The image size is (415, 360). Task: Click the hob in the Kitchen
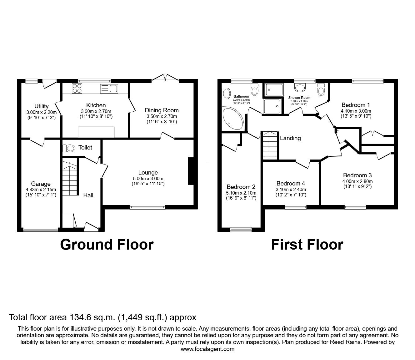pos(77,88)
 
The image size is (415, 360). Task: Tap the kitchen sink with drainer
pos(109,89)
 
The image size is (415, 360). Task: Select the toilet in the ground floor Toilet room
pos(69,148)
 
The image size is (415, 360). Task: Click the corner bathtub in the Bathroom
pos(233,119)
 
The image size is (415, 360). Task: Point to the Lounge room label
pos(148,172)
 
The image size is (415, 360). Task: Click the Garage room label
pos(41,184)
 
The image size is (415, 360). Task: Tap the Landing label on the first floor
pos(290,138)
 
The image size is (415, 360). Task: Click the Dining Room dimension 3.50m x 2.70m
pos(162,116)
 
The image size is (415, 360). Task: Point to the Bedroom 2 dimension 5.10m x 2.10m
pos(241,193)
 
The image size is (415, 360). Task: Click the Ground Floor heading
pos(107,245)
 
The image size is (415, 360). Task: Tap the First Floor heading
pos(307,245)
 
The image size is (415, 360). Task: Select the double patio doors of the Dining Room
pos(165,78)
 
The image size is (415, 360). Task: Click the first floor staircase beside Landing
pos(270,145)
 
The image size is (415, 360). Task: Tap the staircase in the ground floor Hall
pos(70,177)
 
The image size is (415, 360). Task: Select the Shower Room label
pos(299,98)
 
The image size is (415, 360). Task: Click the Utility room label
pos(41,106)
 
